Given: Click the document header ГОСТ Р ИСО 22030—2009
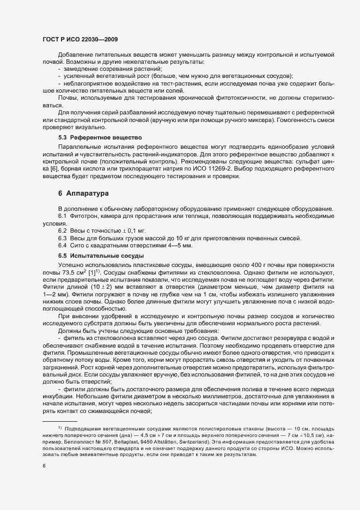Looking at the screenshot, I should coord(78,40).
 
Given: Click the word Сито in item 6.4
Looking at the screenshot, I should coord(75,247).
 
